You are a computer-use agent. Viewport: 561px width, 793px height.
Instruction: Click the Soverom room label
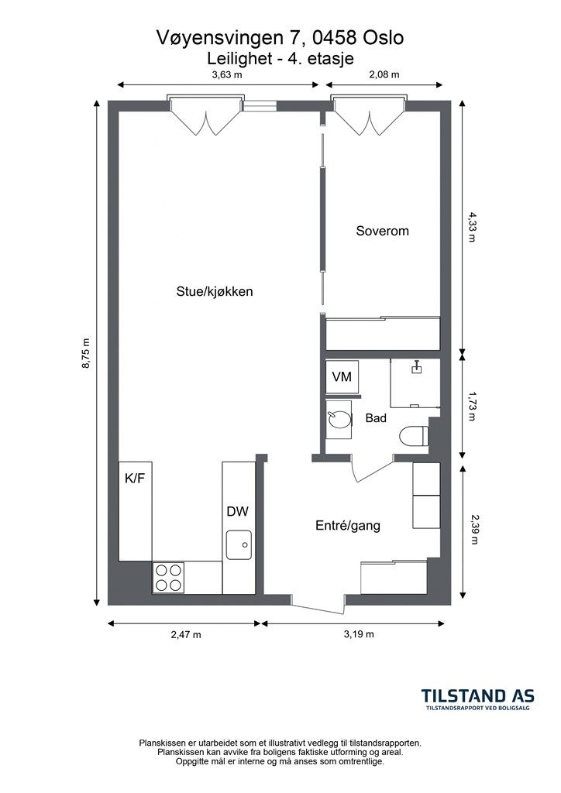tap(382, 231)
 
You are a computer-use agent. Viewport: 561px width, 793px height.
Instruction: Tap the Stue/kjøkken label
tap(215, 292)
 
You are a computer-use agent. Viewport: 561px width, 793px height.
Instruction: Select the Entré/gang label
tap(348, 526)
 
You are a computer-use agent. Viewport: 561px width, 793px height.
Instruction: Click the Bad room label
tap(376, 418)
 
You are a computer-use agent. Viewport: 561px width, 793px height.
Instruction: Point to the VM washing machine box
tap(342, 377)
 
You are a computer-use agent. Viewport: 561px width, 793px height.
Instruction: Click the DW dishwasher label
tap(237, 512)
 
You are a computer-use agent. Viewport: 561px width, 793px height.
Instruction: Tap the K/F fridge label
tap(135, 479)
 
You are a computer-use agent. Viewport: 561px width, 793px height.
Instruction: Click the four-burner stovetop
tap(168, 577)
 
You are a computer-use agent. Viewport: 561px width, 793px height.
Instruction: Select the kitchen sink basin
tap(239, 544)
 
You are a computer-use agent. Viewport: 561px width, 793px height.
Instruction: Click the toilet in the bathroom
tap(414, 437)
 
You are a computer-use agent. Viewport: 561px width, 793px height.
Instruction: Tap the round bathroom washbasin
tap(339, 419)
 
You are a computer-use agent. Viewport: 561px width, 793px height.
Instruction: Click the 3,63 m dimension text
tap(226, 75)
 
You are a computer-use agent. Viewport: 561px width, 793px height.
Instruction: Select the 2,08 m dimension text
tap(384, 75)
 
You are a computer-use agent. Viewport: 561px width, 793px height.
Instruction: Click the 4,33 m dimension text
tap(471, 227)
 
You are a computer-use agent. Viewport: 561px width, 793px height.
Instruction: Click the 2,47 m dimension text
tap(186, 635)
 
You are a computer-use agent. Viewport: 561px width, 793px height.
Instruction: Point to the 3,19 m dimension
tap(359, 634)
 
